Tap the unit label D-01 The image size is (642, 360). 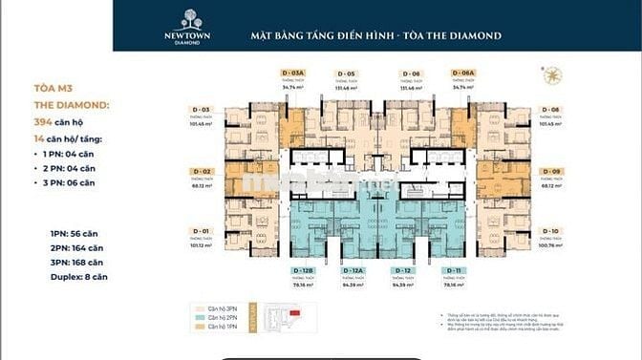202,232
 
